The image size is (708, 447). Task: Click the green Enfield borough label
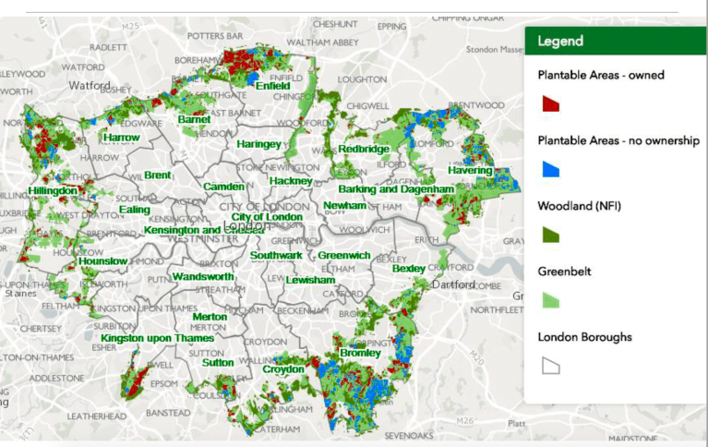click(273, 86)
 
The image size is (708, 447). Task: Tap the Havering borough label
click(470, 171)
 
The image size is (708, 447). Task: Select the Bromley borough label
click(360, 353)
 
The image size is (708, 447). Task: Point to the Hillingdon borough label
click(52, 190)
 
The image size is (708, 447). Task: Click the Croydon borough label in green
click(283, 369)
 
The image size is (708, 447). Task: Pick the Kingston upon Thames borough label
click(157, 338)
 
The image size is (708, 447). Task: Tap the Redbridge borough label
click(364, 149)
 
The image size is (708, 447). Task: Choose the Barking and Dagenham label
click(396, 189)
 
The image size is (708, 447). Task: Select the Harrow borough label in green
click(121, 138)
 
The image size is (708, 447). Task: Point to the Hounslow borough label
click(102, 261)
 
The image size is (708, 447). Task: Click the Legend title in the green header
click(560, 42)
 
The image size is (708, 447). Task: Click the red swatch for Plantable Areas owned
click(549, 103)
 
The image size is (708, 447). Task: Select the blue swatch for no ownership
click(549, 168)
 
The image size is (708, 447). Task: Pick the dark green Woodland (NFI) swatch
click(549, 234)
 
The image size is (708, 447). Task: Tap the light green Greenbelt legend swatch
click(549, 299)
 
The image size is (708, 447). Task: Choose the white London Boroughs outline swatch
click(549, 365)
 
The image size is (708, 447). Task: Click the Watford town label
click(90, 86)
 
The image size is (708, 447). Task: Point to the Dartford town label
click(452, 284)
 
